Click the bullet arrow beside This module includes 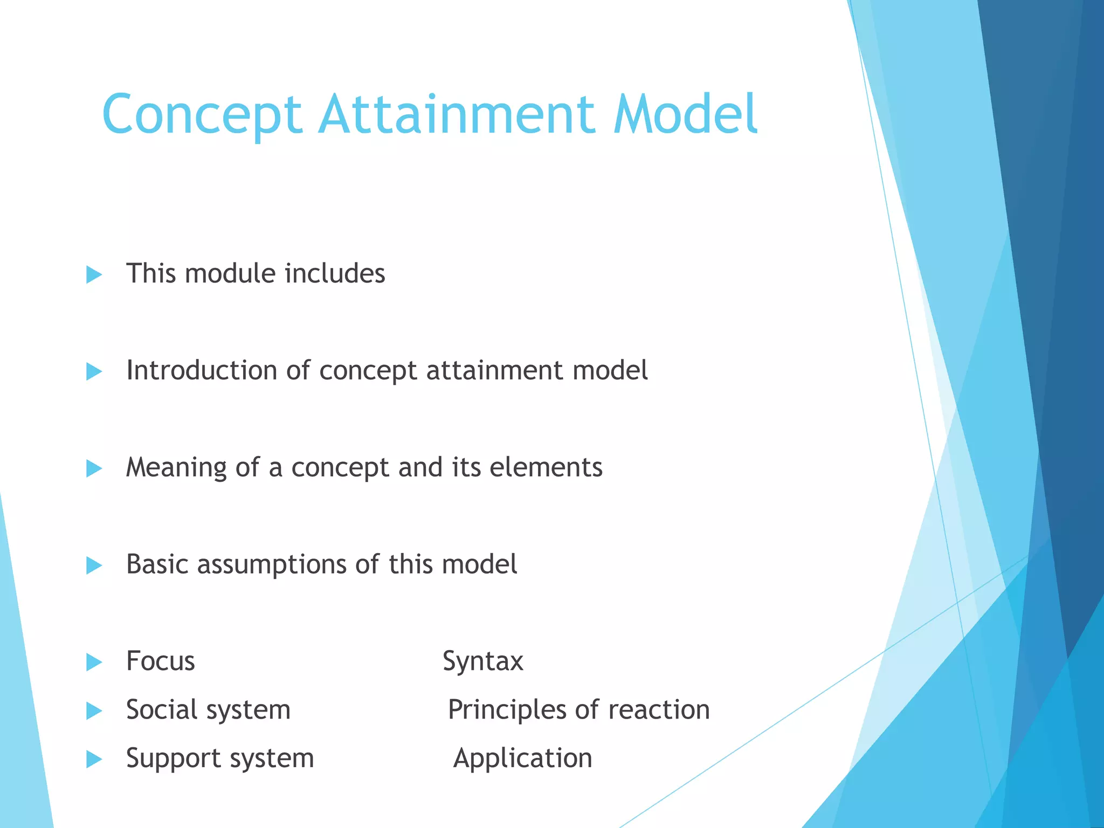click(94, 274)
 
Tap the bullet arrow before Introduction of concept click(94, 371)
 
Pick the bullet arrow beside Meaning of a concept click(94, 468)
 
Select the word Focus click(160, 661)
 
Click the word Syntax click(483, 662)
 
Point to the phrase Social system click(208, 710)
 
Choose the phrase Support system click(220, 759)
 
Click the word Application click(522, 759)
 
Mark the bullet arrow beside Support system click(94, 760)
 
